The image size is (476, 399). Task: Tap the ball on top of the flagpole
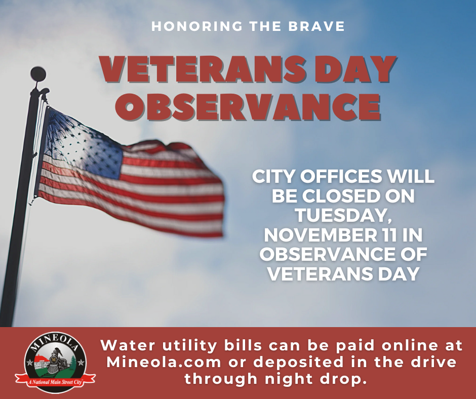coord(38,74)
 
